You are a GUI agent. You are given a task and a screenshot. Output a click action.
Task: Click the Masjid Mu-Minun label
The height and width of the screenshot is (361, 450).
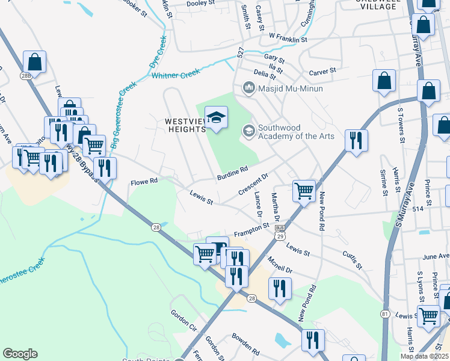[290, 89]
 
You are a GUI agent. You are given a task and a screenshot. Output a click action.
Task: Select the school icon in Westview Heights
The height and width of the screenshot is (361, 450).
[217, 117]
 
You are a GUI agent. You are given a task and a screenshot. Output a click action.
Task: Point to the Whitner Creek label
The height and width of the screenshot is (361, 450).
[176, 75]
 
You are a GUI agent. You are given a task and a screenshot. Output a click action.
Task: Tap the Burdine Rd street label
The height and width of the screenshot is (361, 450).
[233, 173]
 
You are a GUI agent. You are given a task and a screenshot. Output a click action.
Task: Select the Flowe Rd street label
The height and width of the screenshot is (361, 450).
[144, 181]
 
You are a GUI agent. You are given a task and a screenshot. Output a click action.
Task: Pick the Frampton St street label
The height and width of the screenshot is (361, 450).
[251, 230]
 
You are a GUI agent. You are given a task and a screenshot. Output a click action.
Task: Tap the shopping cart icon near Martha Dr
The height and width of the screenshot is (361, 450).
[304, 191]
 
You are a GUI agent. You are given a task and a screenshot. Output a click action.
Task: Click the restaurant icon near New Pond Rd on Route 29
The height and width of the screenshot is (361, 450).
[356, 141]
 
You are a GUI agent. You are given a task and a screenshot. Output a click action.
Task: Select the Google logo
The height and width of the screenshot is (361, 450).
[20, 354]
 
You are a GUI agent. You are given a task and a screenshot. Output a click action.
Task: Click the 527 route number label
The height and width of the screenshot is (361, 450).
[240, 54]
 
